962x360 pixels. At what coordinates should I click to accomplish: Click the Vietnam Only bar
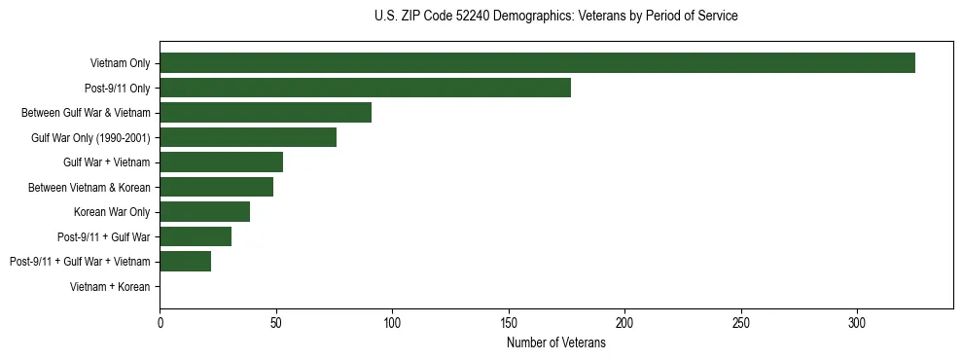(x=537, y=63)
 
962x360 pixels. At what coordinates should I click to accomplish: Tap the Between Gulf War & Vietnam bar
(x=266, y=113)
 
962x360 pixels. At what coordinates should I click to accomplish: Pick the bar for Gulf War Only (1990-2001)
(x=248, y=137)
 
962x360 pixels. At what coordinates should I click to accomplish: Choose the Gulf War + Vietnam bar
(x=221, y=162)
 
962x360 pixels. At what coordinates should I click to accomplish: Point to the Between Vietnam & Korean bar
(x=216, y=187)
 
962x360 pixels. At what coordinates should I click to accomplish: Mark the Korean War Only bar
(x=204, y=211)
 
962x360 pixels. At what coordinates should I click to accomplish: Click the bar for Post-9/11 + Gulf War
(x=196, y=236)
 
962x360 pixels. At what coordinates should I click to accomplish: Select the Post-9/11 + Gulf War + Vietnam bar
(x=185, y=261)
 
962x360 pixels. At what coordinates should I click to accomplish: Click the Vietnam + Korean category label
(x=110, y=287)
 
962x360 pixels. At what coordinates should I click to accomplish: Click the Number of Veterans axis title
(x=555, y=343)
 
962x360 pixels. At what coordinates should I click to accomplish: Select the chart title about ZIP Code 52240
(x=555, y=17)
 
